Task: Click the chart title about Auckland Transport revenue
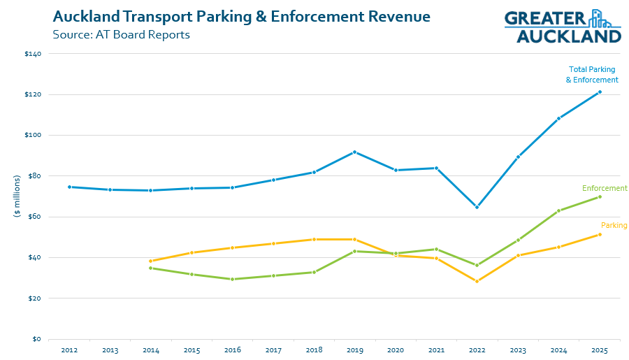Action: coord(241,15)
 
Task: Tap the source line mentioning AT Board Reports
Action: coord(122,34)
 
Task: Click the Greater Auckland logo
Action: coord(562,27)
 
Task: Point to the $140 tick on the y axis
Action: coord(33,54)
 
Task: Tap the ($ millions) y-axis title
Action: coord(17,196)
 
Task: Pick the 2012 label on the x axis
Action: coord(69,350)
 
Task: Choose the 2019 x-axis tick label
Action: coord(354,350)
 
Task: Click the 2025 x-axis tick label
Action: coord(599,350)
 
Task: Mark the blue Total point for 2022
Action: coord(477,207)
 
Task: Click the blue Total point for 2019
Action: coord(354,152)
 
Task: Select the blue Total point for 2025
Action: coord(600,92)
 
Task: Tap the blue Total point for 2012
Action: coord(69,187)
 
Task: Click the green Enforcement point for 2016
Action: coord(232,279)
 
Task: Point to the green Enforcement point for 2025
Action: coord(600,196)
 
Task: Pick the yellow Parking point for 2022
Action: coord(477,281)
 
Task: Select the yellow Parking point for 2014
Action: coord(151,261)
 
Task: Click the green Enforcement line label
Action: coord(605,188)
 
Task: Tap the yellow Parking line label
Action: coord(614,225)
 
